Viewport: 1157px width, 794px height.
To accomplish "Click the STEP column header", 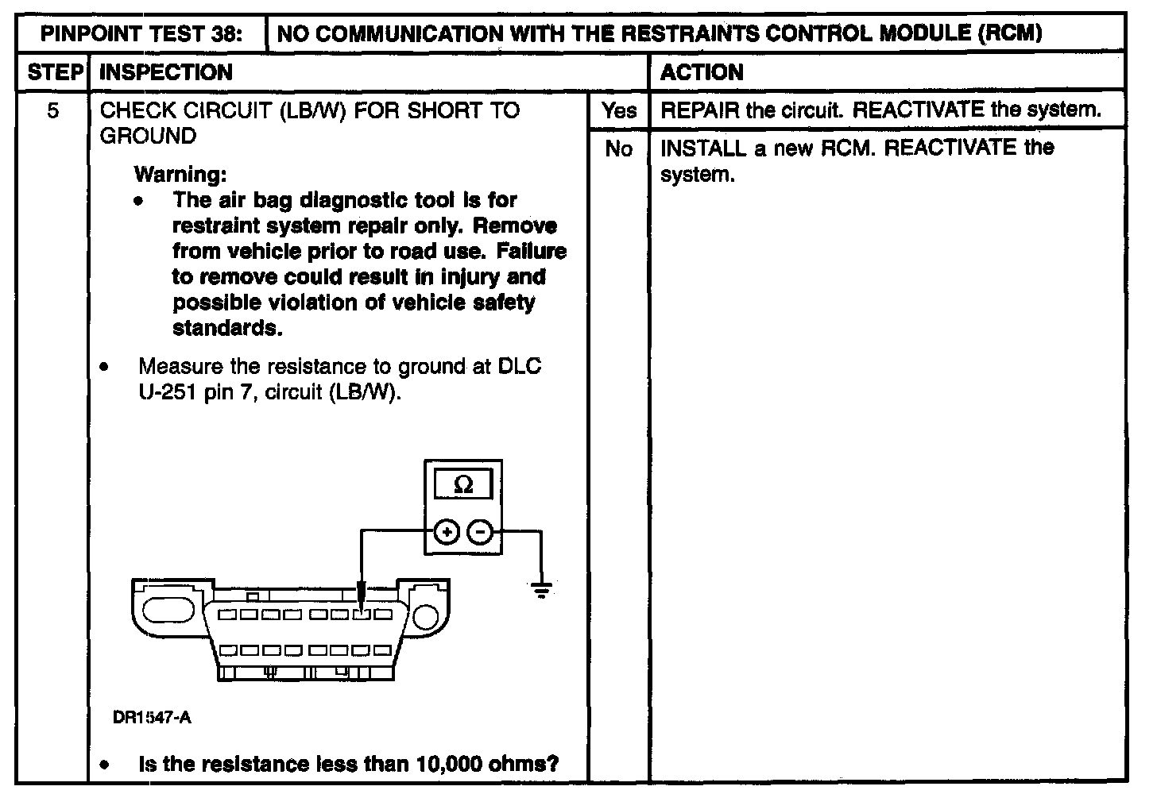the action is click(x=54, y=72).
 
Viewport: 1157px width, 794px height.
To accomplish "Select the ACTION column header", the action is click(x=702, y=72).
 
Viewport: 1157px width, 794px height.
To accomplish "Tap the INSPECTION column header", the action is click(x=166, y=72).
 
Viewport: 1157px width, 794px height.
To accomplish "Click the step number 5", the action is click(x=52, y=110).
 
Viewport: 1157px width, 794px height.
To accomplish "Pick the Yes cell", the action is click(x=618, y=110).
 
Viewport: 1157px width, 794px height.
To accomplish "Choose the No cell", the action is click(x=618, y=148).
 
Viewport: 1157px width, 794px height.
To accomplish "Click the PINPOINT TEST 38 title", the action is click(x=141, y=34).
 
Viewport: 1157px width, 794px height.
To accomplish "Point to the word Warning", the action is click(x=180, y=173).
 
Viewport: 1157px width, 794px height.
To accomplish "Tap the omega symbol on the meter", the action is click(x=463, y=485).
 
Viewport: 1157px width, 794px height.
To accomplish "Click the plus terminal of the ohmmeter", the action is click(x=447, y=532).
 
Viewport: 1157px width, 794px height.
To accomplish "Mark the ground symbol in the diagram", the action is click(x=542, y=590).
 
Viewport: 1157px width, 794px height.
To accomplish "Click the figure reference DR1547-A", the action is click(x=152, y=718).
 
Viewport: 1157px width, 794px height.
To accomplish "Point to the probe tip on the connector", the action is click(x=362, y=607).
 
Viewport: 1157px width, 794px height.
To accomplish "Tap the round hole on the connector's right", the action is click(x=428, y=616).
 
